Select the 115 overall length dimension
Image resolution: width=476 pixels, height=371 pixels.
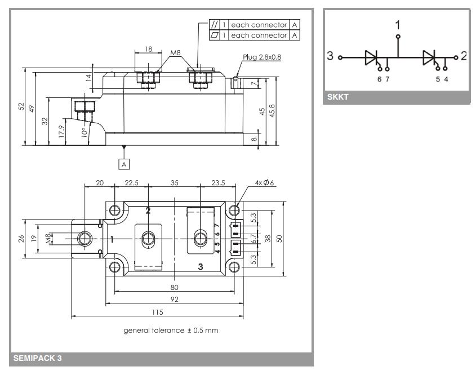pyautogui.click(x=157, y=311)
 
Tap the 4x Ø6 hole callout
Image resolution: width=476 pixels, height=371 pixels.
pyautogui.click(x=262, y=184)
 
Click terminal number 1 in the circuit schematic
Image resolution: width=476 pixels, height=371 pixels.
pyautogui.click(x=398, y=25)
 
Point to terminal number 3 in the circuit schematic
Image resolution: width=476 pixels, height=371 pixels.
pyautogui.click(x=330, y=57)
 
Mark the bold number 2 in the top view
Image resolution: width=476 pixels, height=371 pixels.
pyautogui.click(x=148, y=211)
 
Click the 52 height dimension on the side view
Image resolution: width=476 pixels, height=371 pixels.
pyautogui.click(x=21, y=106)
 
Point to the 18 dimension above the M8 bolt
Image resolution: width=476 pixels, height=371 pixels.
pyautogui.click(x=148, y=50)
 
